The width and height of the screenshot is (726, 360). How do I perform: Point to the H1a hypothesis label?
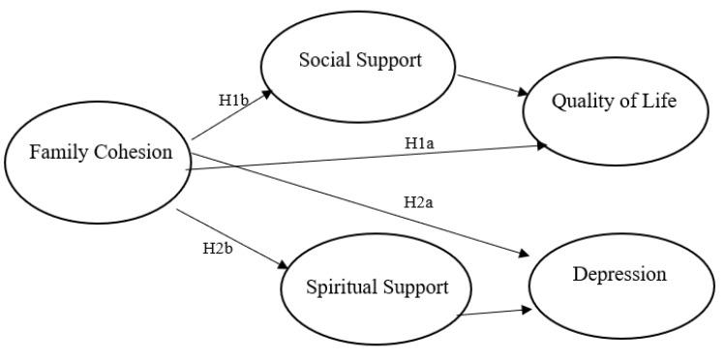pos(419,143)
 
